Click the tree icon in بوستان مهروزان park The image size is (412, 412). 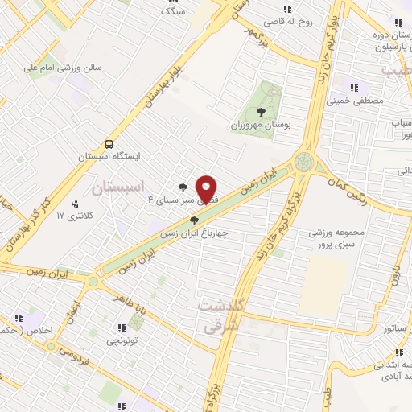(259, 113)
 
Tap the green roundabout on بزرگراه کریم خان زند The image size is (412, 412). (305, 163)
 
